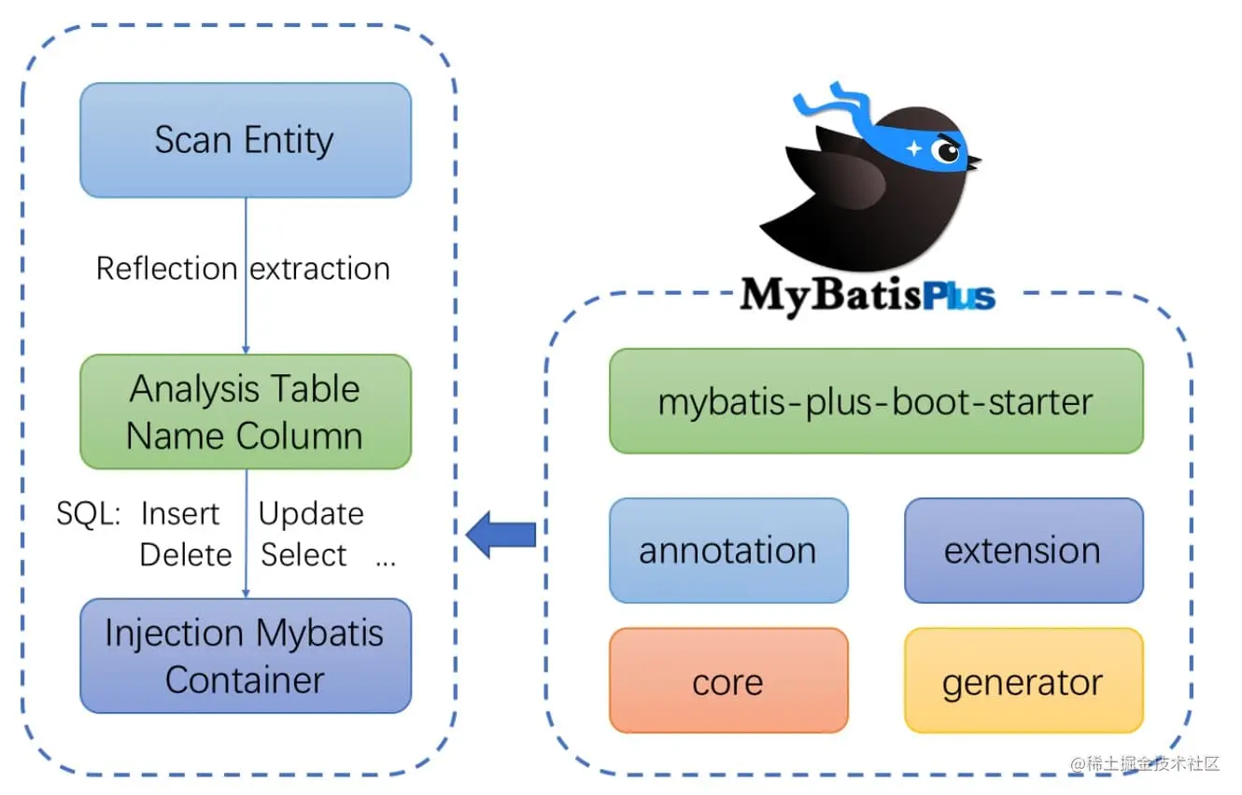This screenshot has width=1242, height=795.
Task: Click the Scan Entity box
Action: tap(245, 140)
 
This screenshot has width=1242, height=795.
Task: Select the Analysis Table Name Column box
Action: tap(245, 411)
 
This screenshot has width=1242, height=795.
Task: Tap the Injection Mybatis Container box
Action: tap(245, 656)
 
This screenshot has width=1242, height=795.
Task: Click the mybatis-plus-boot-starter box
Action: tap(875, 401)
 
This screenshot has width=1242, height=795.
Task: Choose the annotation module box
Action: tap(727, 551)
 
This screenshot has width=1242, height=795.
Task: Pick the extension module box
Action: tap(1023, 551)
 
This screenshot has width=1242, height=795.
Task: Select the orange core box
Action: tap(727, 681)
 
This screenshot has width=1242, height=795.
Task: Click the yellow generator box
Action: tap(1023, 681)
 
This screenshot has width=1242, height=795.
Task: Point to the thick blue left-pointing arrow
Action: tap(501, 535)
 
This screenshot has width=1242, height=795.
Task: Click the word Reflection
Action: tap(166, 269)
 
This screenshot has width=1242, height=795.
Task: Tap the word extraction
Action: tap(320, 269)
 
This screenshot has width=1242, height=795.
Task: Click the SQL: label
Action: tap(88, 514)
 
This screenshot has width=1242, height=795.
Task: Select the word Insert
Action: tap(179, 514)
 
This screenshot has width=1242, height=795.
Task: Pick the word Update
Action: tap(311, 514)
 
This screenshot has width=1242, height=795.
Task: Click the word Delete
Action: tap(185, 555)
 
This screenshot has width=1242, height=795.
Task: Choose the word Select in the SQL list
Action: tap(303, 555)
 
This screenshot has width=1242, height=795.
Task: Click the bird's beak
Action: tap(974, 163)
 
